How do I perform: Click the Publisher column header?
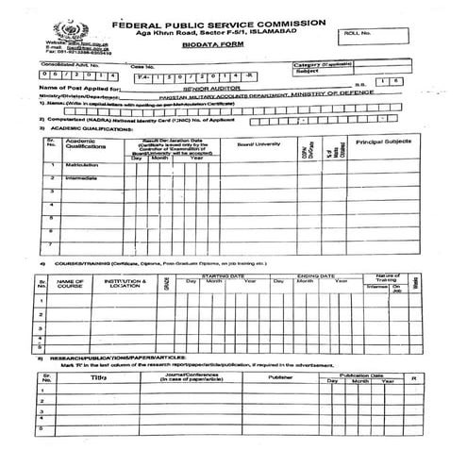click(281, 376)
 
